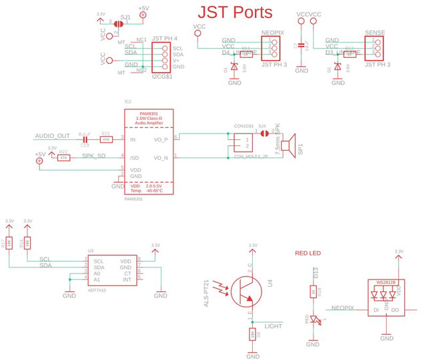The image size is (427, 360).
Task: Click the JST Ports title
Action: (x=236, y=12)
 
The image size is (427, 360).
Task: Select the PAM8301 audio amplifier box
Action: (x=148, y=153)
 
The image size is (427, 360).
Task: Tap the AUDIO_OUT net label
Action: (x=51, y=136)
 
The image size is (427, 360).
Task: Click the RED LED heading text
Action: (x=308, y=253)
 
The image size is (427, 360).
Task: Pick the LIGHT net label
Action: (x=273, y=326)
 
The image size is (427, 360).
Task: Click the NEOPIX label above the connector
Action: (x=272, y=32)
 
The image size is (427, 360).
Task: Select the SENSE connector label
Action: (x=376, y=32)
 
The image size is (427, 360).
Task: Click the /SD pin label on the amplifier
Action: (x=133, y=157)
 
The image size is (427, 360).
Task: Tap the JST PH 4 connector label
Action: (x=165, y=39)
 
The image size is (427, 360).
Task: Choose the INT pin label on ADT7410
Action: (x=127, y=279)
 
